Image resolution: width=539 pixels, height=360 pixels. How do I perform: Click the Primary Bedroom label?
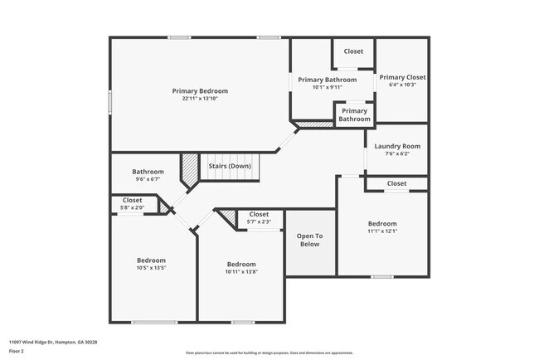coord(200,90)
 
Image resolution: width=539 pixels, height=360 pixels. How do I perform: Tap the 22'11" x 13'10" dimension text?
coord(200,99)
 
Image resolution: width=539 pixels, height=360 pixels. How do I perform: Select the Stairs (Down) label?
coord(230,166)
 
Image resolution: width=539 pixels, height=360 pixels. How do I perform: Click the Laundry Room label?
coord(397,146)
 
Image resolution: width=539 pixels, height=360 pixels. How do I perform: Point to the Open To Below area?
coord(308,240)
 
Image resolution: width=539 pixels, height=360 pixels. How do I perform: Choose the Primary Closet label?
coord(402,77)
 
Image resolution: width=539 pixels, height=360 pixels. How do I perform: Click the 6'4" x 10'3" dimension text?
coord(402,85)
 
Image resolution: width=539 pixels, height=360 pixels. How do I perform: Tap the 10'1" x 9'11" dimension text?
coord(328,87)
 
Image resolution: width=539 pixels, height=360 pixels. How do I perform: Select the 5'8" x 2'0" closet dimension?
coord(132,207)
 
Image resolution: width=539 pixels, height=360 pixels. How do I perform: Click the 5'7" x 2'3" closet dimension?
coord(259,221)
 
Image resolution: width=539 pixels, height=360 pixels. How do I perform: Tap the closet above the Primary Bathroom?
coord(353,51)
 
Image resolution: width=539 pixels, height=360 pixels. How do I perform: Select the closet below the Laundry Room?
coord(396,183)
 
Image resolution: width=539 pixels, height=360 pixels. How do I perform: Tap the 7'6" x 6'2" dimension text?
coord(397,154)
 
